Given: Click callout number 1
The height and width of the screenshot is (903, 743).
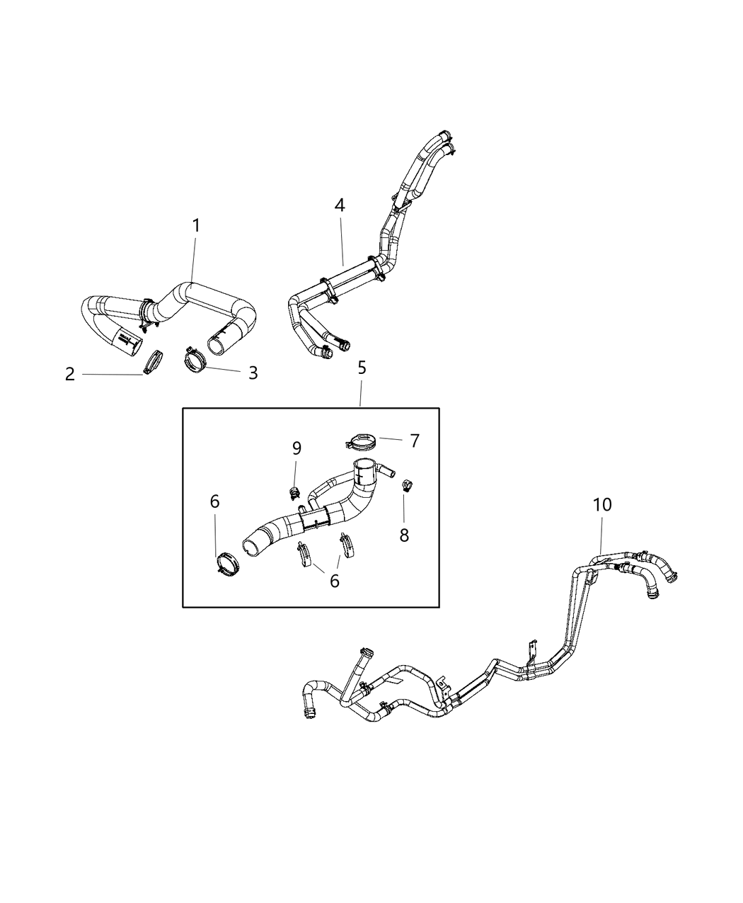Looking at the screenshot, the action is coord(197,225).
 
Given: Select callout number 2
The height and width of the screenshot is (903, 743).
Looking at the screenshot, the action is coord(70,374).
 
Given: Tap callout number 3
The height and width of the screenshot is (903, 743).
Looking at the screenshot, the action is coord(253,373).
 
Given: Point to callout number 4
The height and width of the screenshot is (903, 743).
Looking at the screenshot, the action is coord(340,205).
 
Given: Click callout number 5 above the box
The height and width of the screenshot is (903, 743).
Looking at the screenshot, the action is coord(362,368).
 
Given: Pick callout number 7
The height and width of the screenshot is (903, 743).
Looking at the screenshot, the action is coord(415,441).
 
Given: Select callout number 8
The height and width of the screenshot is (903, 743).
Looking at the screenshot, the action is coord(404,535).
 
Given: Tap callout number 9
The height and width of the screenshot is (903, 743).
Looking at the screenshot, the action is coord(296,448).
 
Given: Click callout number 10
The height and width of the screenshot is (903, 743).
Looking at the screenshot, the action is coord(602,504).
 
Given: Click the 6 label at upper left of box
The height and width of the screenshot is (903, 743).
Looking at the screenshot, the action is coord(215,501).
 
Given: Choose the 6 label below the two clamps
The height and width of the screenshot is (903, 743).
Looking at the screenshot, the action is coord(335,581).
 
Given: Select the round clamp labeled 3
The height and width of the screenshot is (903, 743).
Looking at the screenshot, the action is coord(195,360).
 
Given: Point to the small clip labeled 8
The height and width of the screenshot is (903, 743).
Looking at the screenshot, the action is coord(406,485).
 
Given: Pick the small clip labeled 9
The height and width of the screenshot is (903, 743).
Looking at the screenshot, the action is coord(295,492).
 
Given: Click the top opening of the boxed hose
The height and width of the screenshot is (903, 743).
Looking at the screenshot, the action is coord(365,465).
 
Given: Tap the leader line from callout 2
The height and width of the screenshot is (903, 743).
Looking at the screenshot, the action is coord(113,375).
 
